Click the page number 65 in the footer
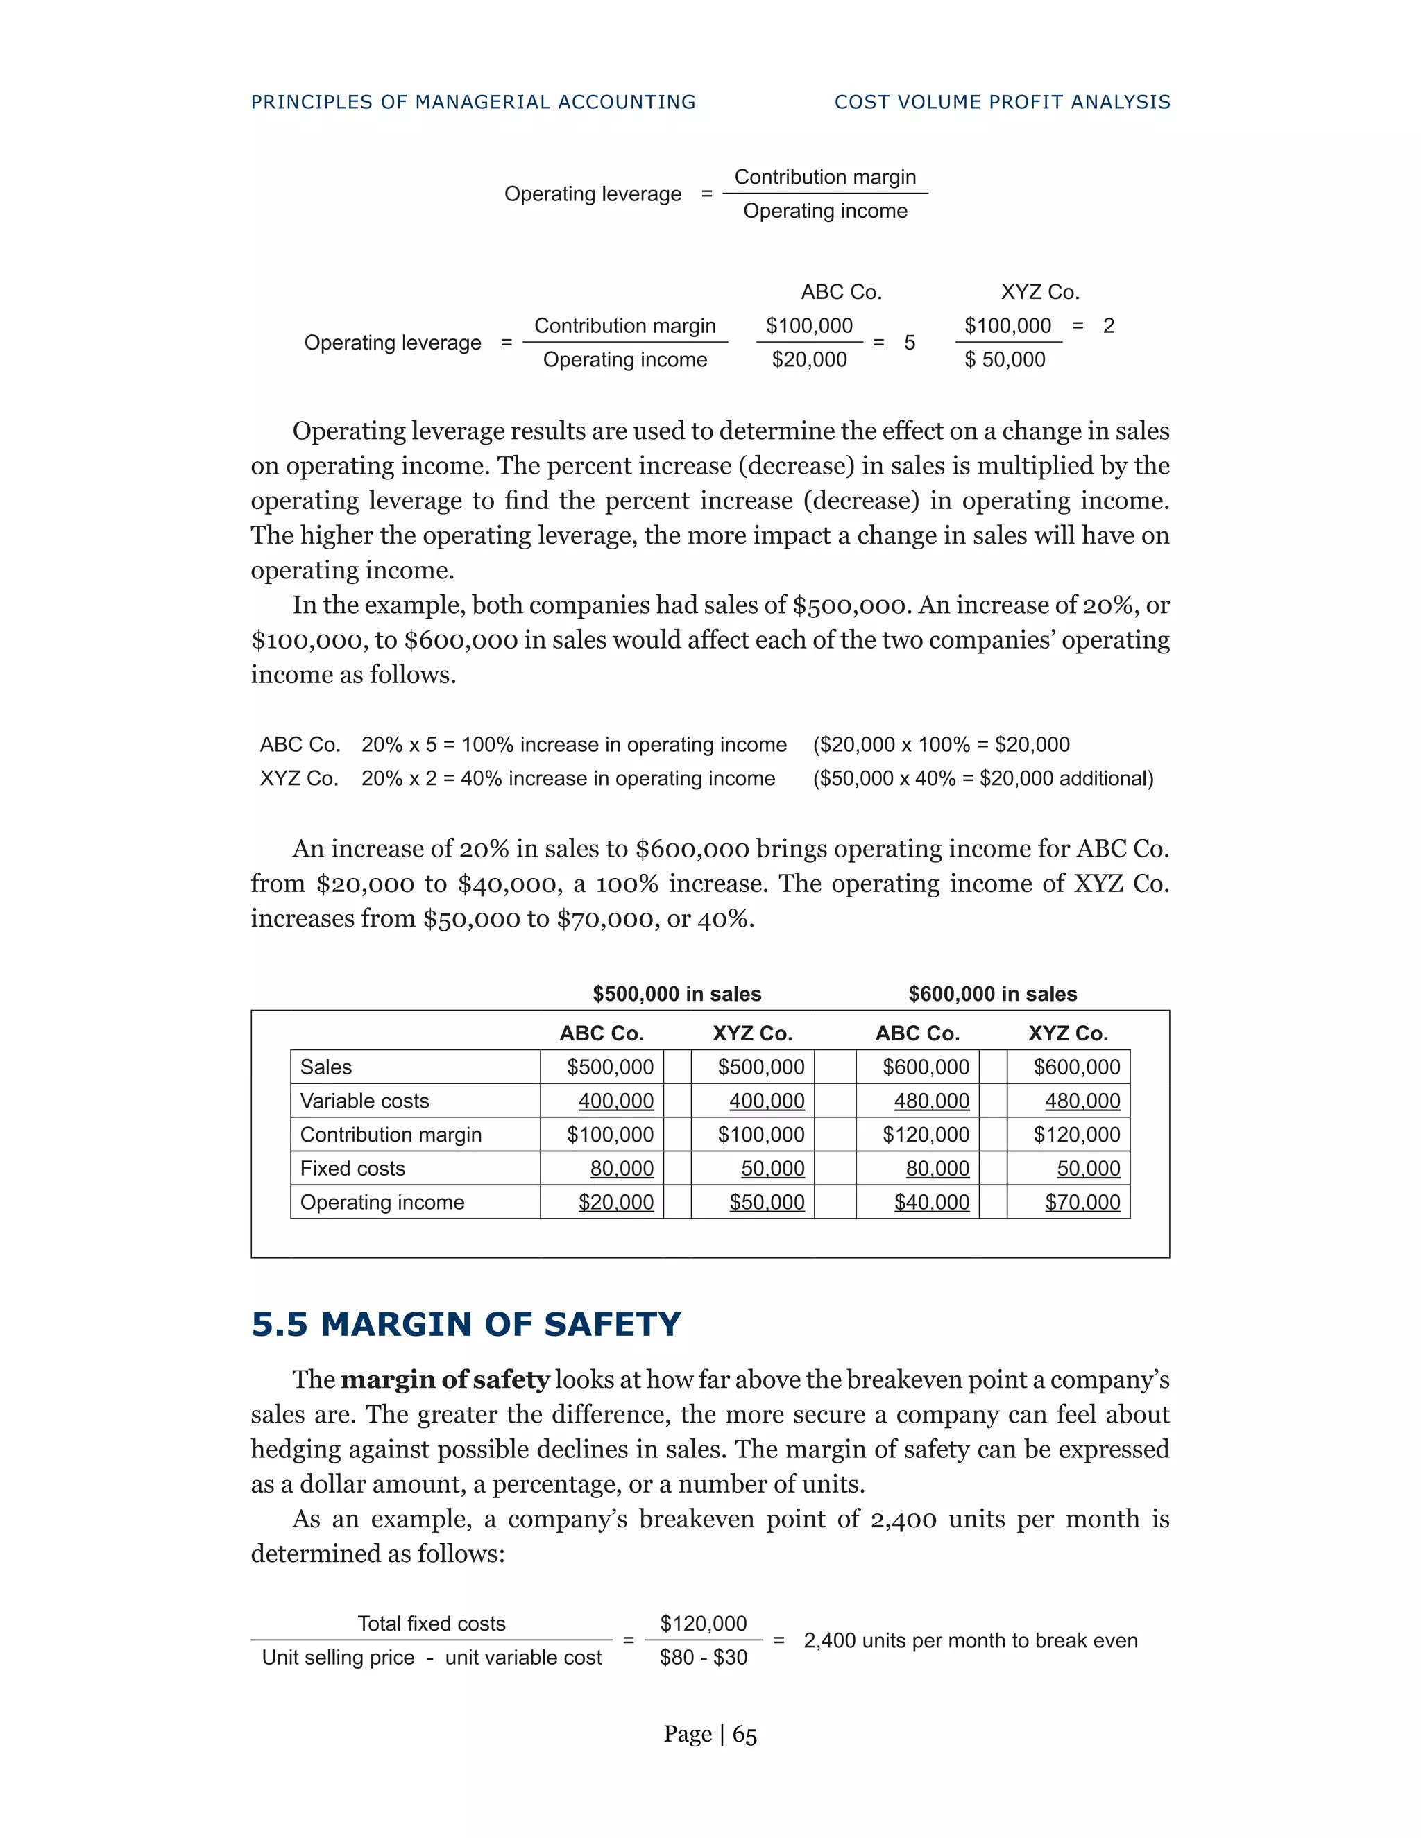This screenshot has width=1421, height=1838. coord(744,1735)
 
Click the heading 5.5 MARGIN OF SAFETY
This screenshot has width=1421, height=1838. coord(466,1325)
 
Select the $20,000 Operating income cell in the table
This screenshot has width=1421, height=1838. coord(615,1203)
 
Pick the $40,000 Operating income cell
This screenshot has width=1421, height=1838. coord(931,1203)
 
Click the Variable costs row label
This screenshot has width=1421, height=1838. coord(364,1101)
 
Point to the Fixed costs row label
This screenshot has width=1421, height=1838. coord(352,1169)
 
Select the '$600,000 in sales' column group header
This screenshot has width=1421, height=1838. coord(992,994)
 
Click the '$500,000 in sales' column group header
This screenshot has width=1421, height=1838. coord(677,994)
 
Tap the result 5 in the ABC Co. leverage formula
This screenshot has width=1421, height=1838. coord(909,343)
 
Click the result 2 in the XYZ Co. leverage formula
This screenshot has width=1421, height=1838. coord(1108,327)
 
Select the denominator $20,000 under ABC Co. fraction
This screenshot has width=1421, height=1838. coord(809,360)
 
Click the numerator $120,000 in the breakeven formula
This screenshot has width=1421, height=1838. coord(703,1624)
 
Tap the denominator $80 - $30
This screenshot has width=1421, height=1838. coord(703,1658)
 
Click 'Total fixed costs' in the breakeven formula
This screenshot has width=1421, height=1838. coord(431,1624)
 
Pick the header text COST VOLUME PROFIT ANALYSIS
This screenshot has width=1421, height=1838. coord(1002,103)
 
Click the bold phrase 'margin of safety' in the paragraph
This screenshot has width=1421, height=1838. coord(445,1380)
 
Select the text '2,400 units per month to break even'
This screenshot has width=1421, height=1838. coord(970,1641)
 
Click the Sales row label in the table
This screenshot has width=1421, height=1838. coord(326,1067)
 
